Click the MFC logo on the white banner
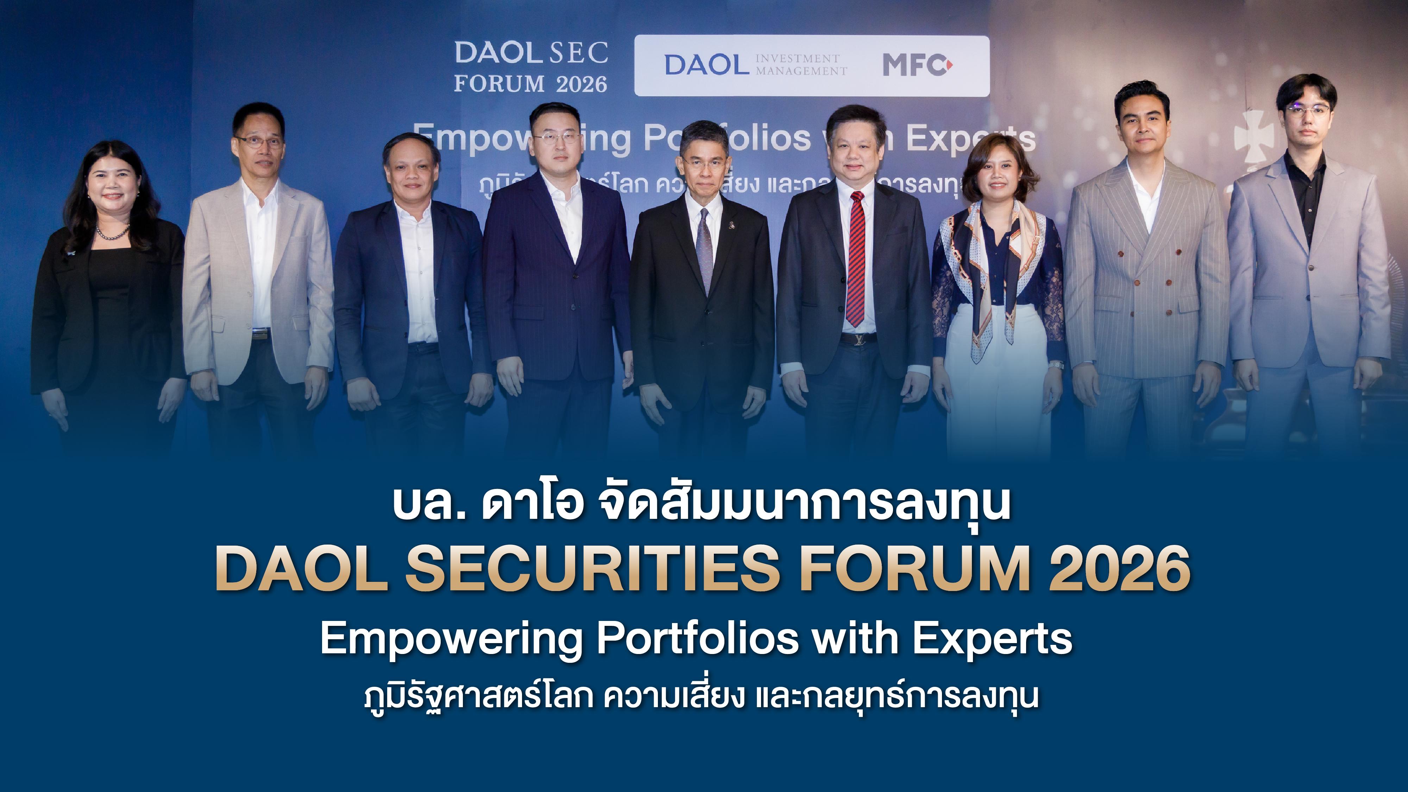[x=917, y=65]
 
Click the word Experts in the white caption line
[x=992, y=639]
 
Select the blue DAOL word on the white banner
[x=706, y=65]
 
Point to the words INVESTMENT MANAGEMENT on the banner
[x=801, y=65]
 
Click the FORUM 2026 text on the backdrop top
[x=530, y=84]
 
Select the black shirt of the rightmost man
[x=1305, y=191]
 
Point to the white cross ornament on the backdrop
[x=1254, y=137]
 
